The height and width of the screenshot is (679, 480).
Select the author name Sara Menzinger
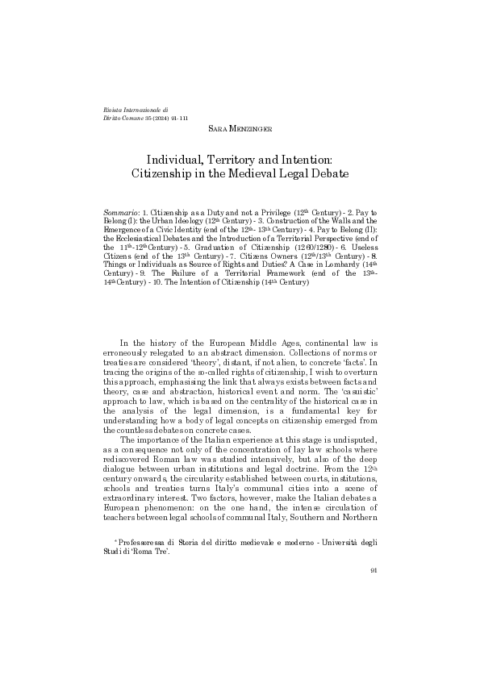click(240, 128)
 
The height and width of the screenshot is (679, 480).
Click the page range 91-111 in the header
click(177, 118)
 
